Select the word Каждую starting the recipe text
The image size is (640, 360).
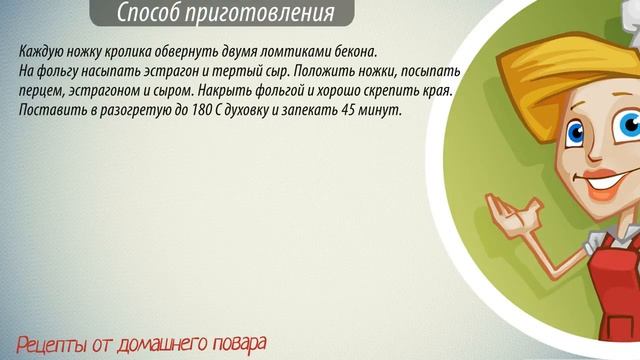(x=41, y=51)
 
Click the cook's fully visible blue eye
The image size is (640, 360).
(x=576, y=130)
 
